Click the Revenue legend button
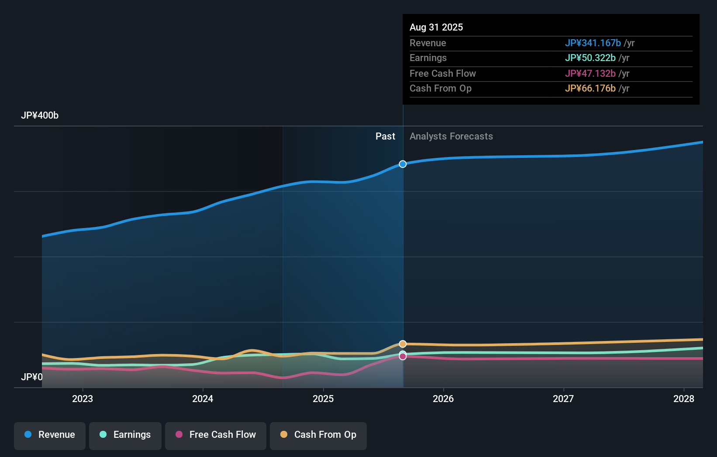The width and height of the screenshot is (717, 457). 50,435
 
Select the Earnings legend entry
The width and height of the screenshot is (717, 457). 125,435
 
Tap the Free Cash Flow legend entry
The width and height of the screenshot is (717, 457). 216,435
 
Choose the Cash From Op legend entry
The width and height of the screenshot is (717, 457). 318,435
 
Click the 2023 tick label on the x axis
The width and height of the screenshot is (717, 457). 83,399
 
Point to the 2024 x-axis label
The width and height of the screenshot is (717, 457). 203,399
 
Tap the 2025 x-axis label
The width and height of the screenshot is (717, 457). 323,399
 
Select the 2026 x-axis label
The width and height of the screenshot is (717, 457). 443,399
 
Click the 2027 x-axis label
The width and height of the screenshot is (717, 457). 563,399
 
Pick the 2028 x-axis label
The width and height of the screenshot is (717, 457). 684,399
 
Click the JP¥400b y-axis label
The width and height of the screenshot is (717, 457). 40,116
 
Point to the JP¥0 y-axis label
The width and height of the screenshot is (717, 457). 32,377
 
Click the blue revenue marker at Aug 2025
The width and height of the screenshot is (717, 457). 403,164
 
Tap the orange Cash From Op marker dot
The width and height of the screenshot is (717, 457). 403,344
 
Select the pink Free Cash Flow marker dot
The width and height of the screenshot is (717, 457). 403,357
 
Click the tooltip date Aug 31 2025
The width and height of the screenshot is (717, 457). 436,27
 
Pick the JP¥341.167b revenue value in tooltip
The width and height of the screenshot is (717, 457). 593,43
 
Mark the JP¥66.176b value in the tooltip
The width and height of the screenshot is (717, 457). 590,88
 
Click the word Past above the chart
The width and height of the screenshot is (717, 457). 385,136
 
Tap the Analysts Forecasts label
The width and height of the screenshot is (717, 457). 451,136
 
